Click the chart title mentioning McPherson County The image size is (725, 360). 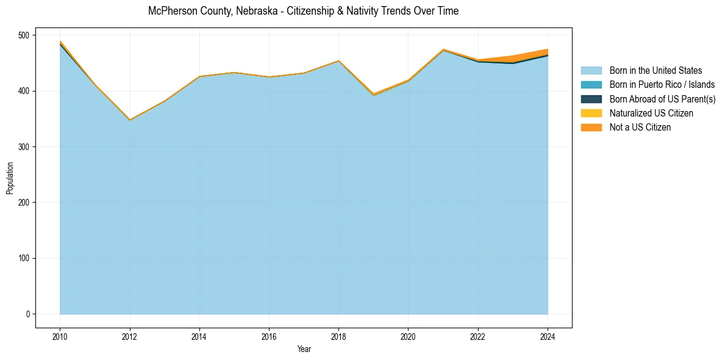click(303, 11)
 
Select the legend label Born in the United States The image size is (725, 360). click(655, 71)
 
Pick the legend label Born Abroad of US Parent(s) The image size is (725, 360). click(662, 99)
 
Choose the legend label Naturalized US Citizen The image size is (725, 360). click(651, 113)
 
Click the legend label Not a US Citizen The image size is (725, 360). click(640, 127)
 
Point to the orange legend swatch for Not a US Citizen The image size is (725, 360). click(591, 127)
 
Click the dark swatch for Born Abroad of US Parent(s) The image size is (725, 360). click(591, 99)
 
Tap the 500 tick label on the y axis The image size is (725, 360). click(24, 35)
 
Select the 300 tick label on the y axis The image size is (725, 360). click(24, 147)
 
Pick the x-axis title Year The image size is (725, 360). click(304, 349)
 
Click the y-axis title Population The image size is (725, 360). click(10, 178)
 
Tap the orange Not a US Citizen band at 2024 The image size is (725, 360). click(547, 52)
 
